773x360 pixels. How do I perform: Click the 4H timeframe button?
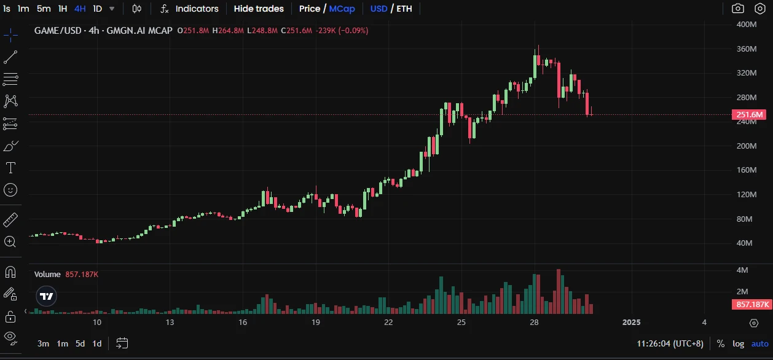point(80,9)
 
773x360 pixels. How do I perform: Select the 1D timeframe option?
point(98,9)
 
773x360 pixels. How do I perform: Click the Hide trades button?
point(259,9)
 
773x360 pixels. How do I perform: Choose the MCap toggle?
point(341,9)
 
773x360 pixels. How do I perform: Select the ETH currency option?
point(404,9)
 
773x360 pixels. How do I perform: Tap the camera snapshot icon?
point(737,9)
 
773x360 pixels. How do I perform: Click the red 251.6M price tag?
point(748,115)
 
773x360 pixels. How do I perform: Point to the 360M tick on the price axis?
point(746,49)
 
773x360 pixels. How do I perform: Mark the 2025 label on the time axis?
point(632,323)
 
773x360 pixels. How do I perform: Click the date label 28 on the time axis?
point(534,323)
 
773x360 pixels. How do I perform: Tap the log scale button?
point(738,343)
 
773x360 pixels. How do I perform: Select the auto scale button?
point(760,343)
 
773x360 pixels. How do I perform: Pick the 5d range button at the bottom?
point(80,343)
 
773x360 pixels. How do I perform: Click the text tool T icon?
point(10,168)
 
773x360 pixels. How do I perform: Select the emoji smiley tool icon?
point(10,190)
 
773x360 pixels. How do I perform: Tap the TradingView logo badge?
point(47,296)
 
